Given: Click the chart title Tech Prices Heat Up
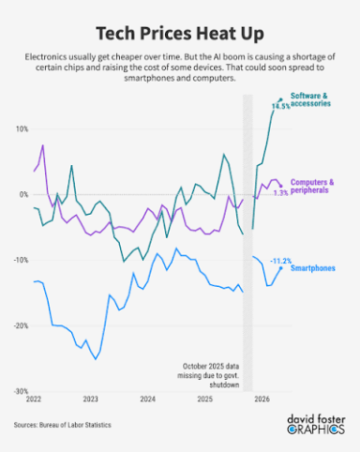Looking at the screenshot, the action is [180, 34].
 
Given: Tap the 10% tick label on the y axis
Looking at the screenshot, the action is [22, 129].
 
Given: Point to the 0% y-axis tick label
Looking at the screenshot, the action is [23, 195].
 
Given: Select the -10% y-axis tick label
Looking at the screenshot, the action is [21, 260].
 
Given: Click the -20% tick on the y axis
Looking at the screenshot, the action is [21, 325].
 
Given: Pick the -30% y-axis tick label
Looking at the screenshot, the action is [21, 391].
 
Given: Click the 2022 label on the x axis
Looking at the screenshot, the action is [34, 399].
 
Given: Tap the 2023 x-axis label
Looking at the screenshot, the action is [90, 399].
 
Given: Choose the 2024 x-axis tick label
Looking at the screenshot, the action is [147, 399].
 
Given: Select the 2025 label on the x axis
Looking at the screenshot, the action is [205, 399].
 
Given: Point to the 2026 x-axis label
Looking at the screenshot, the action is [262, 399].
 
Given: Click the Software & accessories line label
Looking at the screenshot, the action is [310, 99].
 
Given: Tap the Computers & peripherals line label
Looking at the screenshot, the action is [312, 187].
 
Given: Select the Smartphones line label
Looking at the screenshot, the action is [313, 268].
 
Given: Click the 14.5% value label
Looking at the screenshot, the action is [280, 106].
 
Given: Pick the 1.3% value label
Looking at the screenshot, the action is [281, 193].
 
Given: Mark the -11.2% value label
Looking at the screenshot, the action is [280, 261].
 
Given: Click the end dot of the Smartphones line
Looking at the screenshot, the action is [280, 268].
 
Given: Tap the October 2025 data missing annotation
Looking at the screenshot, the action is [208, 375].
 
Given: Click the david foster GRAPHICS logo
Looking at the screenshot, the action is [316, 425].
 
